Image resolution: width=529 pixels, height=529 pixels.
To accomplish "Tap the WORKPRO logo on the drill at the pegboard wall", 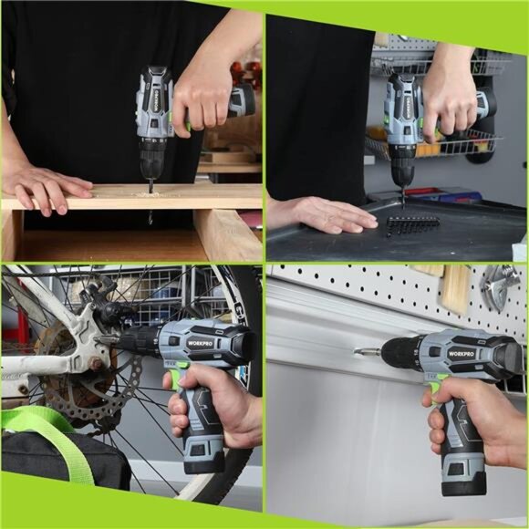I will [x=461, y=353].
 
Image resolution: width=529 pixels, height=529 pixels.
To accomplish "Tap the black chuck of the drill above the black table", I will [x=401, y=170].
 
